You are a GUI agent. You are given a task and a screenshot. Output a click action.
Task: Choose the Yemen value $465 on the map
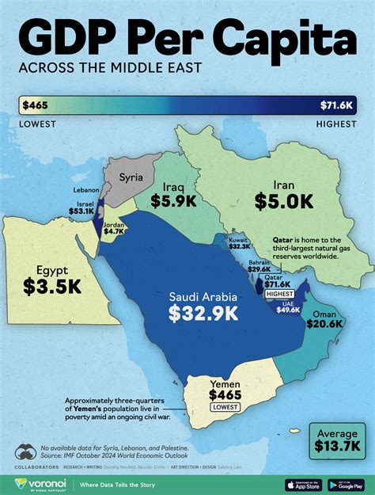pyautogui.click(x=226, y=393)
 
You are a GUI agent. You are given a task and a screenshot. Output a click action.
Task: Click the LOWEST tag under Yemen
pyautogui.click(x=226, y=406)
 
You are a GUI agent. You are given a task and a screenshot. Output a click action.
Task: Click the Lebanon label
pyautogui.click(x=85, y=190)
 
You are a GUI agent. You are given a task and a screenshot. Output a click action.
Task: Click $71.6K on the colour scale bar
pyautogui.click(x=339, y=105)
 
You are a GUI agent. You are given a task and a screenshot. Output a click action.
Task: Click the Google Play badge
pyautogui.click(x=348, y=484)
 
